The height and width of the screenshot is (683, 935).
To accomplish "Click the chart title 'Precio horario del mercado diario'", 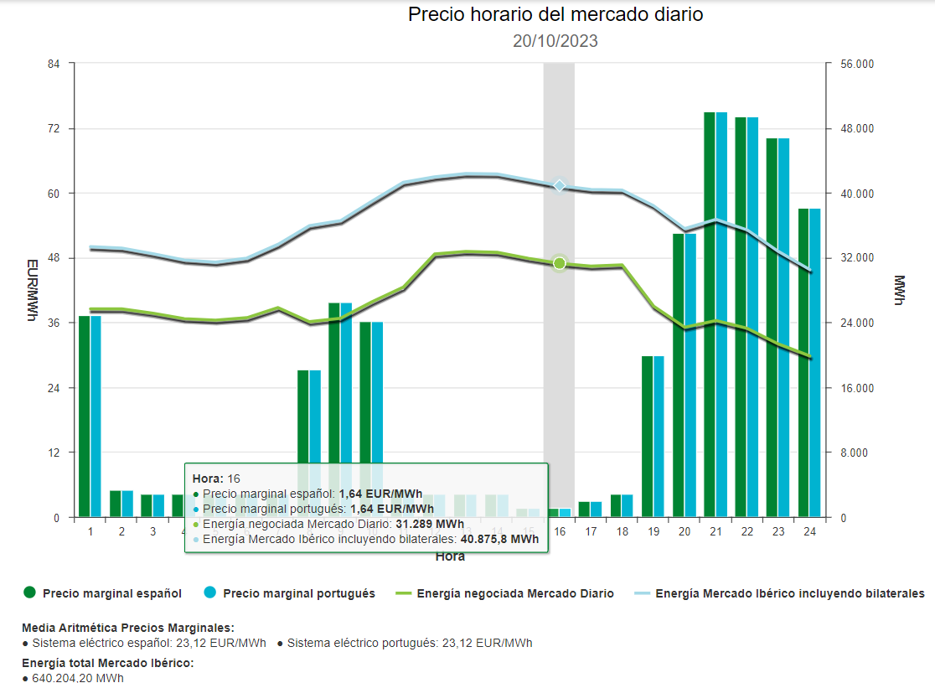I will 555,14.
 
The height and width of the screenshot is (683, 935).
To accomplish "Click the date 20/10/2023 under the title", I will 555,41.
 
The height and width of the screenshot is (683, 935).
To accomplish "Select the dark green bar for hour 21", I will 710,314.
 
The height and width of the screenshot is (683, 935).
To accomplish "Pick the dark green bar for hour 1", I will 84,416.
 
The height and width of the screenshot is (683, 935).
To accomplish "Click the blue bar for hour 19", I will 659,436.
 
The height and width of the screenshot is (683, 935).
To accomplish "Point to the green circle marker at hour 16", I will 560,263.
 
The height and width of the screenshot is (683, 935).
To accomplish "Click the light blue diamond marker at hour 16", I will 560,185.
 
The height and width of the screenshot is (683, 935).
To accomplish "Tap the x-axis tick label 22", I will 746,532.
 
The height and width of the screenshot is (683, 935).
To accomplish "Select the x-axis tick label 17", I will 591,532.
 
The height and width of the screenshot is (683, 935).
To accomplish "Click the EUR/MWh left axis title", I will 32,290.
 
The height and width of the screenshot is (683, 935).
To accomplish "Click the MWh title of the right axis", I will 899,290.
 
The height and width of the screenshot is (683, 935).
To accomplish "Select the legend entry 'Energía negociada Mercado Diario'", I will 514,593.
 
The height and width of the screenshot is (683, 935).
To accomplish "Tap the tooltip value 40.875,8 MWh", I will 499,539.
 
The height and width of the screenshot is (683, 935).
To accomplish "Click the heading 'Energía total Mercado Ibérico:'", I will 108,663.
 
